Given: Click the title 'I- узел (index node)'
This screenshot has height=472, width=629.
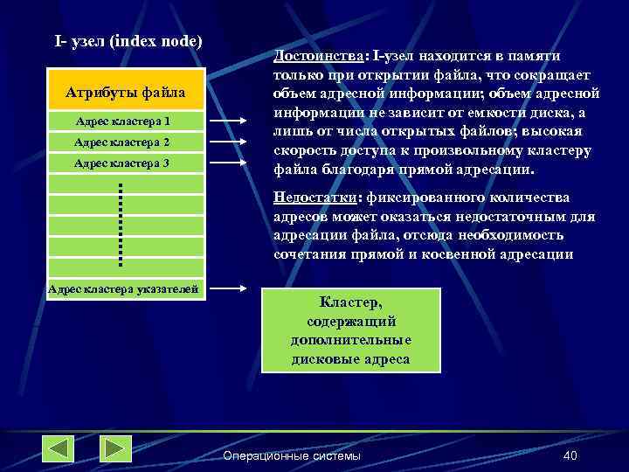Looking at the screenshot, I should tap(128, 41).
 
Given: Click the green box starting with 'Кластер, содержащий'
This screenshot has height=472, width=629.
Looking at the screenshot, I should tap(350, 329).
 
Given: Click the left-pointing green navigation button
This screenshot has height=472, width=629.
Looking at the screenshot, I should tap(59, 448).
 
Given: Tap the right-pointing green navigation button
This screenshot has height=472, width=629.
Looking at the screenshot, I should tap(114, 448).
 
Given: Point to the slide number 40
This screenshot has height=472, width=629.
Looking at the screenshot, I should tap(570, 456).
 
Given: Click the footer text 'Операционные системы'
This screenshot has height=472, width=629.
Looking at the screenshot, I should tap(291, 456).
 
